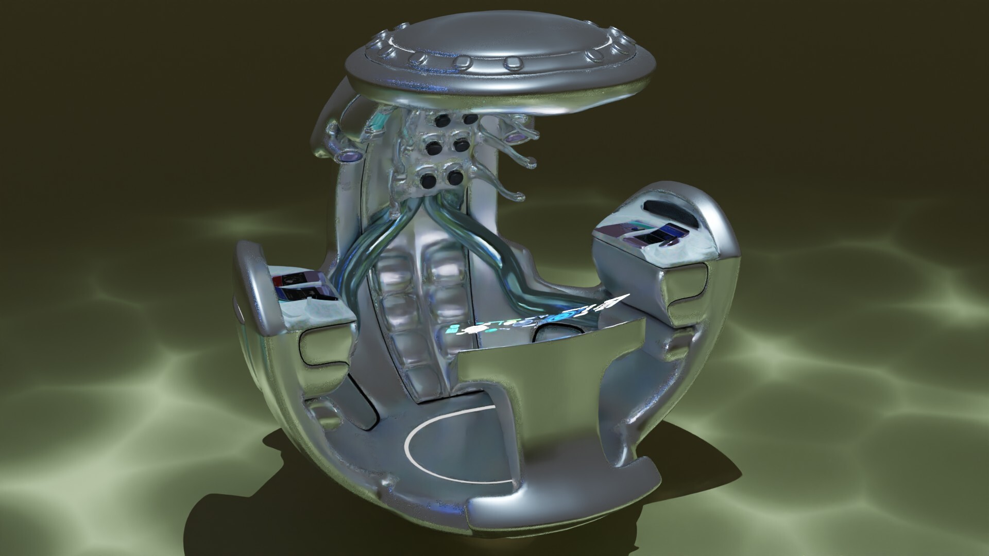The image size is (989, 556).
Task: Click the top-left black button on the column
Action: (x=441, y=120)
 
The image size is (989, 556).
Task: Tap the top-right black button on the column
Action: (x=469, y=119)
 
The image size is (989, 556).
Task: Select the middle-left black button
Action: (x=432, y=148)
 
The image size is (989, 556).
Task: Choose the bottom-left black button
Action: (x=427, y=181)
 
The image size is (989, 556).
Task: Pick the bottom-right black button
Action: (x=454, y=178)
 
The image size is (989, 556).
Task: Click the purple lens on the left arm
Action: (x=350, y=155)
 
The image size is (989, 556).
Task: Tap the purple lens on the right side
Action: (x=514, y=138)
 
